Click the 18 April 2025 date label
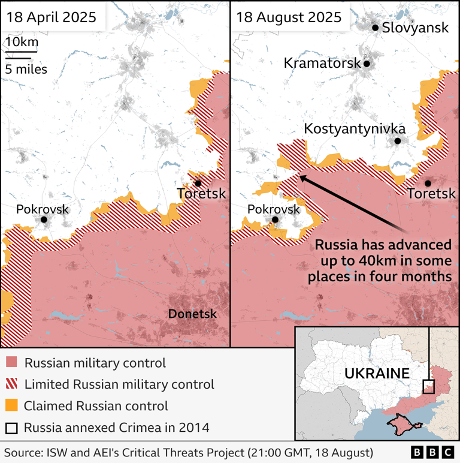point(51,17)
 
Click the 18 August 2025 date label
point(289,17)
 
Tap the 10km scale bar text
point(22,42)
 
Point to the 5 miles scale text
point(26,68)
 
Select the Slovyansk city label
point(414,28)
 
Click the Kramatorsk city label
point(322,63)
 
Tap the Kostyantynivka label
point(355,128)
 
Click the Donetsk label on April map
point(192,314)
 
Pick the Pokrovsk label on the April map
point(43,209)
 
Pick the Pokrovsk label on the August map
point(274,209)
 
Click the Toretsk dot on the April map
point(198,183)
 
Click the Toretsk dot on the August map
point(428,183)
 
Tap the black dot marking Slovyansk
point(375,28)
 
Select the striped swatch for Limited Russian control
point(11,384)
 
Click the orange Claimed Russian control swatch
point(11,406)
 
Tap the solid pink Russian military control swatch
point(11,363)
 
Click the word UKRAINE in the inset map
point(377,374)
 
